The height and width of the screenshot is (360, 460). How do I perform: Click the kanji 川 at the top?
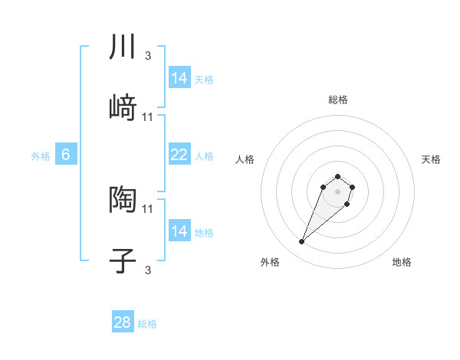pos(123,47)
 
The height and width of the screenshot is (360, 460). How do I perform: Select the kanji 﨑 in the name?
pos(123,109)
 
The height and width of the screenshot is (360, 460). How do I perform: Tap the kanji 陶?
pos(123,200)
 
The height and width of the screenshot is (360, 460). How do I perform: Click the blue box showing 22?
pos(179,155)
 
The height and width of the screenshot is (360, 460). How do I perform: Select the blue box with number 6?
pos(66,155)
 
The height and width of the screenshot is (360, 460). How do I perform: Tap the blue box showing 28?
pos(123,322)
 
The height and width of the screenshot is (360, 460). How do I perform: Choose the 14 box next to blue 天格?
pos(179,78)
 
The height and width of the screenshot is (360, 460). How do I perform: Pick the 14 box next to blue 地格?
pos(179,231)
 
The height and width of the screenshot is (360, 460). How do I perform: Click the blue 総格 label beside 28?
pos(147,324)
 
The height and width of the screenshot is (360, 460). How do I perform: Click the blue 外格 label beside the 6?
pos(41,155)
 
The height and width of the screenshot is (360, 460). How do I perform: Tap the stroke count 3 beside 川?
pos(148,55)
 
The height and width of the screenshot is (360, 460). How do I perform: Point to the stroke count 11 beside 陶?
pos(148,208)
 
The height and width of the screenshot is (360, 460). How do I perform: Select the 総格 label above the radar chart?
pos(338,100)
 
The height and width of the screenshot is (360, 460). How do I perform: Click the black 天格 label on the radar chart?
pos(431,159)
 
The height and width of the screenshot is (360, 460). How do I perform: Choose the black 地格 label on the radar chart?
pos(402,262)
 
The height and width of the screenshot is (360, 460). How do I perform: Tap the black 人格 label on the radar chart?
pos(245,159)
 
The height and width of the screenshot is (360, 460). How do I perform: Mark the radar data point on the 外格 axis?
pos(302,242)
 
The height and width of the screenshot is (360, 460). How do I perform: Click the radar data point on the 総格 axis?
pos(338,175)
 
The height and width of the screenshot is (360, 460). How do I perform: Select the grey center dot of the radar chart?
pos(338,191)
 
